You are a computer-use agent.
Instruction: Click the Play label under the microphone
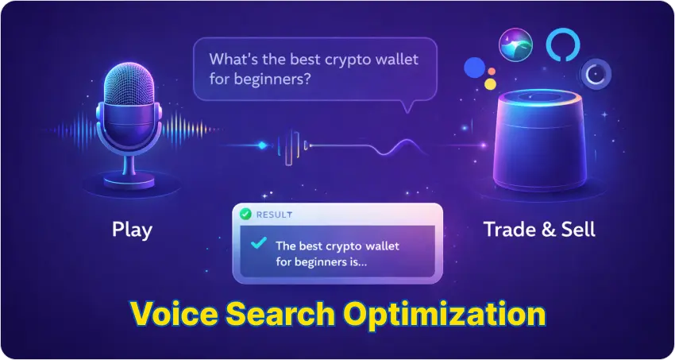coord(132,231)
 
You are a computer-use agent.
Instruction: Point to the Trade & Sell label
coord(539,231)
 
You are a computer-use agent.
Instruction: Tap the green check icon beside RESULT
coord(246,215)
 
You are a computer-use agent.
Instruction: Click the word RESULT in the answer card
coord(274,215)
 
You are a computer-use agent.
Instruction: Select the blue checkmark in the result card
coord(257,245)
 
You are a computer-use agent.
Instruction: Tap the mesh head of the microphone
coord(131,87)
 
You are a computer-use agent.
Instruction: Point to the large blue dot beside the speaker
coord(475,68)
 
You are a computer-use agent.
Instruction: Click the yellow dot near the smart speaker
coord(491,83)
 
